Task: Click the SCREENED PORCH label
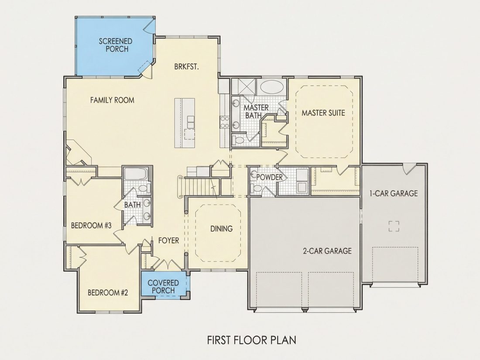(115, 45)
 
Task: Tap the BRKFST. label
(186, 67)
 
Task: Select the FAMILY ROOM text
(112, 100)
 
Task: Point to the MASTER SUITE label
(323, 113)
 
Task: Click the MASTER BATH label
(256, 111)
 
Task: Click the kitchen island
(185, 123)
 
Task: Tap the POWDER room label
(269, 177)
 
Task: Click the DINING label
(221, 229)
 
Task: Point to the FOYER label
(169, 240)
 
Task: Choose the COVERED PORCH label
(163, 287)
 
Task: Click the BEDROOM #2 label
(108, 293)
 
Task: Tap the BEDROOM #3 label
(91, 226)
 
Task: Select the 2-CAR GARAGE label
(327, 251)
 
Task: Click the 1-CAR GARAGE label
(394, 193)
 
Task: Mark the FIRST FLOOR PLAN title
(252, 340)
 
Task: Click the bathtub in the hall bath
(136, 174)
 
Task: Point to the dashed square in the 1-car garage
(394, 226)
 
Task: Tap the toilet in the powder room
(256, 188)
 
